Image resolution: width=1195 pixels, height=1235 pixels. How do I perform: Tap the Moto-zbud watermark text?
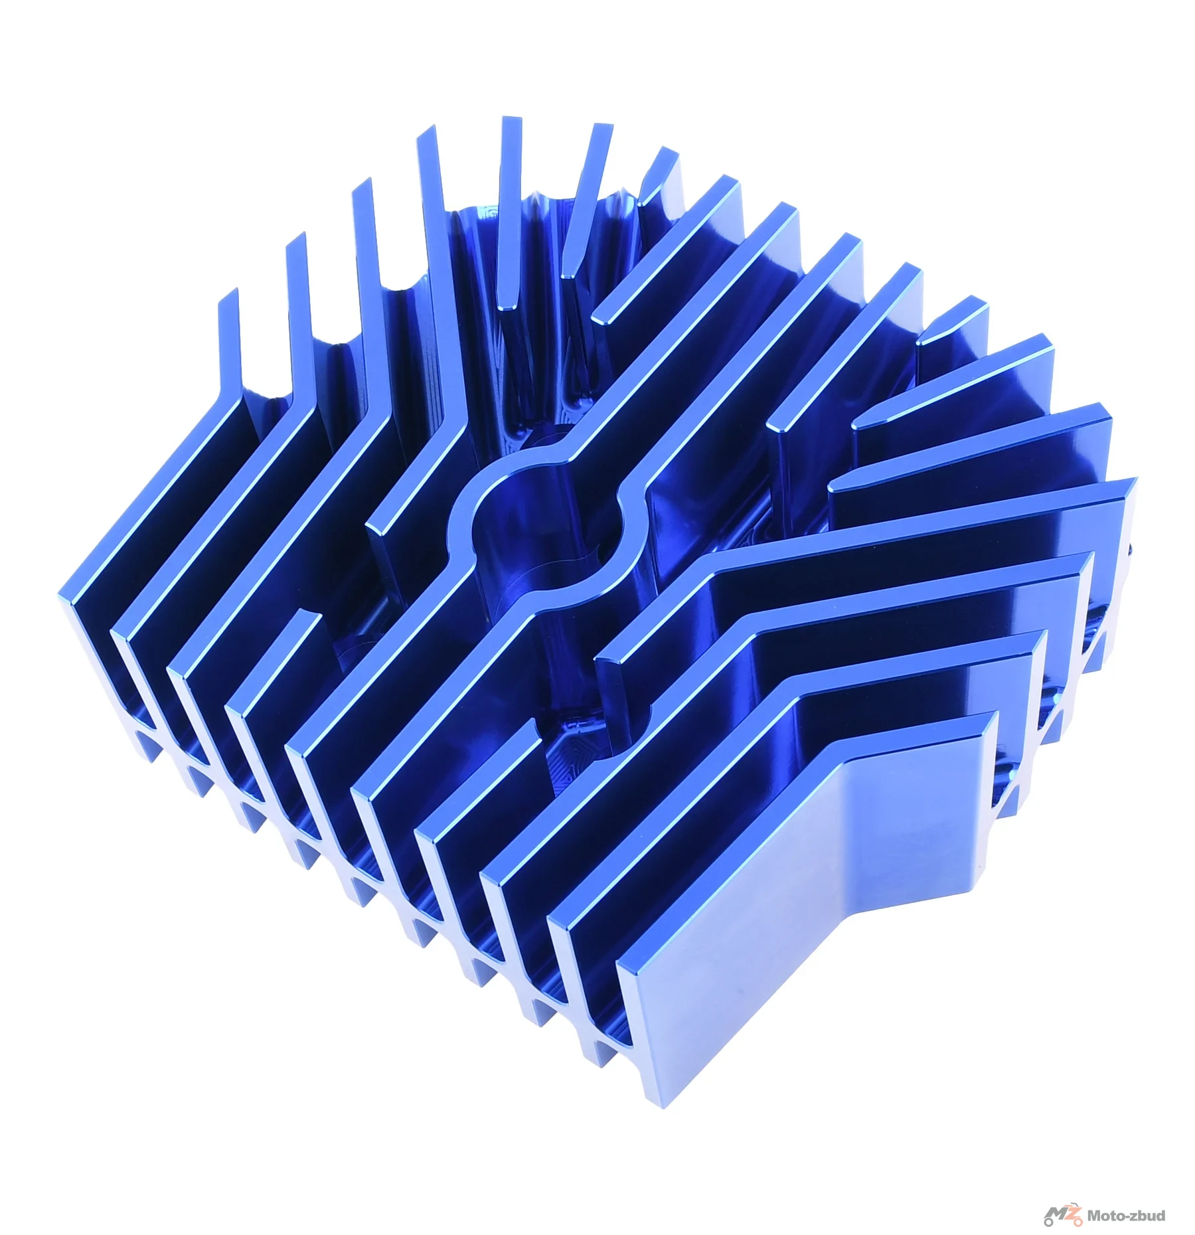pyautogui.click(x=1125, y=1216)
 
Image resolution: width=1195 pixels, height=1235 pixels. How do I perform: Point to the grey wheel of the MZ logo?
pyautogui.click(x=1051, y=1220)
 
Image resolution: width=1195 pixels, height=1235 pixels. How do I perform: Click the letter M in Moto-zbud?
pyautogui.click(x=1093, y=1216)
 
